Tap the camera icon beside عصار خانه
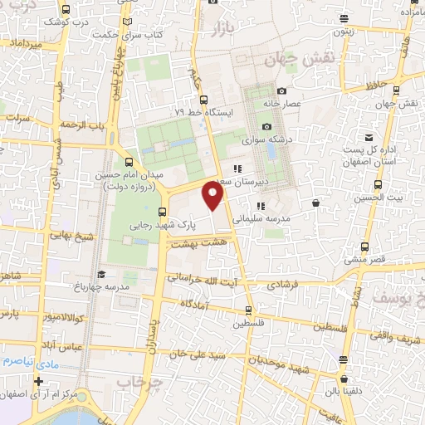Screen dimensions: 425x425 (x=282, y=90)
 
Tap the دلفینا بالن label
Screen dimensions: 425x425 (x=344, y=389)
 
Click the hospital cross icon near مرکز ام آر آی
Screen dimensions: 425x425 (x=37, y=382)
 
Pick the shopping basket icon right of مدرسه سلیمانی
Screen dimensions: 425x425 (x=315, y=202)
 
